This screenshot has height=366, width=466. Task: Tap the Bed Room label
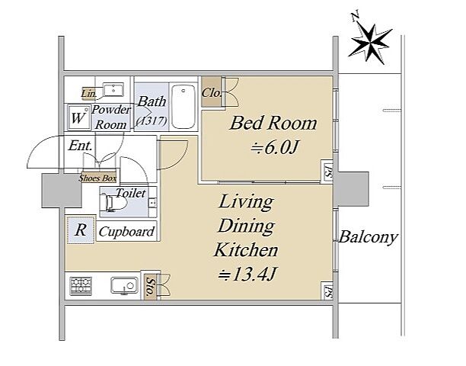(273, 124)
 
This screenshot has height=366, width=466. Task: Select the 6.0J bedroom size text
(274, 147)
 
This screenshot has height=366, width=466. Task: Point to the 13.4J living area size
(247, 274)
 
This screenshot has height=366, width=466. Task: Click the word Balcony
(368, 237)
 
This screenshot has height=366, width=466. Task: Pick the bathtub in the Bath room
(184, 107)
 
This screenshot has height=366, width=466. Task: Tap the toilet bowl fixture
(113, 202)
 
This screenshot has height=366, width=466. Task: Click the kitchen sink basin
(125, 286)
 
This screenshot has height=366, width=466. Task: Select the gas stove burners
(81, 286)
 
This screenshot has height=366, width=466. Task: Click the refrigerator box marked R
(81, 230)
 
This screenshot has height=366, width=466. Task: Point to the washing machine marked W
(79, 117)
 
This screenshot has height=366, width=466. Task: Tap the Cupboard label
(127, 232)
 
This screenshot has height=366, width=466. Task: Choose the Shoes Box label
(97, 178)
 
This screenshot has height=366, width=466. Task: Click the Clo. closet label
(212, 93)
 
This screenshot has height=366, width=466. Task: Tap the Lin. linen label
(89, 94)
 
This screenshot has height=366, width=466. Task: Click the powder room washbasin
(113, 89)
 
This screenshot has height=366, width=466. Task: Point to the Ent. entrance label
(80, 146)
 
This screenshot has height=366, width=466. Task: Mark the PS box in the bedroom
(327, 171)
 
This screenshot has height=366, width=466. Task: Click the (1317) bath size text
(152, 120)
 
